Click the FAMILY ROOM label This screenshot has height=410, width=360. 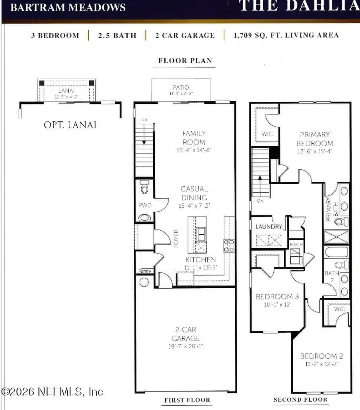pos(194,138)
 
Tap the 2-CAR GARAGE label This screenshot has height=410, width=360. pos(184,334)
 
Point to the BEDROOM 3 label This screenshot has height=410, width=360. pos(277,297)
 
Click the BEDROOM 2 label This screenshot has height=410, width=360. pos(322,356)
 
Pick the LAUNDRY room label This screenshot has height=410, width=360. pos(269,227)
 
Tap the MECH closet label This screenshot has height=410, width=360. pos(296,245)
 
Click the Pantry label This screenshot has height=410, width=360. pos(144,271)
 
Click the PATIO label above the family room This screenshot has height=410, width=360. pos(181,87)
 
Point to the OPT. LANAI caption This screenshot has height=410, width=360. pos(70,125)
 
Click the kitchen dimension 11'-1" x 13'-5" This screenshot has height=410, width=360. pos(200,267)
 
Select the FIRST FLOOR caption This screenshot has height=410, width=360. pos(187,400)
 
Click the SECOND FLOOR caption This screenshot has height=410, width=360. pos(300,400)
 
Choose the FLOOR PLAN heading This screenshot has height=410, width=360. pos(185,61)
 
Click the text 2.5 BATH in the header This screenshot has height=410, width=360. pos(117,35)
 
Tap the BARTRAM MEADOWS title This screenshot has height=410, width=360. pos(68,7)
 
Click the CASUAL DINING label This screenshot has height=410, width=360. pos(194,193)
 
